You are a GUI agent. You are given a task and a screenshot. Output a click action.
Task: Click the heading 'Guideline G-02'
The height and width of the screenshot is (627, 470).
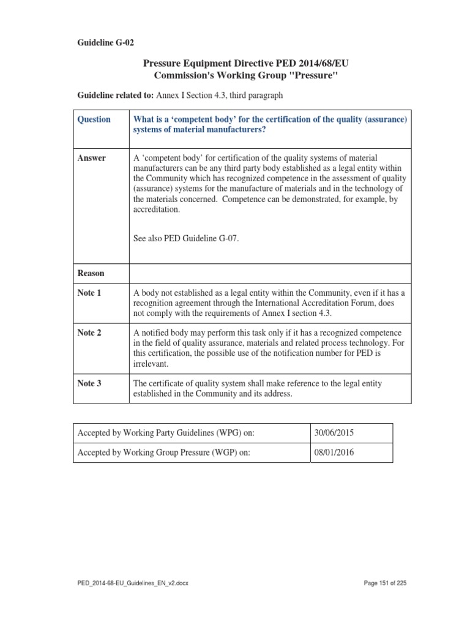pos(105,43)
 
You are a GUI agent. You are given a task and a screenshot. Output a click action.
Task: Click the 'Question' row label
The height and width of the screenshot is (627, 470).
pos(94,119)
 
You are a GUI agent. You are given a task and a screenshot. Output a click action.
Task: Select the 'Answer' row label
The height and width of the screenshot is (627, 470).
pos(91,158)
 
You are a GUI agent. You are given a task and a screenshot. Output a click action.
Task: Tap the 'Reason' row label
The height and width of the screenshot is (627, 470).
pos(91,273)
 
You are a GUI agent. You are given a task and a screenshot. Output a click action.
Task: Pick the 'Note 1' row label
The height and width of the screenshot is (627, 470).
pos(89,293)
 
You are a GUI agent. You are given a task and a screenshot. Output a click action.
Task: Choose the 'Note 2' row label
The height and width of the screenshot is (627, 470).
pos(89,332)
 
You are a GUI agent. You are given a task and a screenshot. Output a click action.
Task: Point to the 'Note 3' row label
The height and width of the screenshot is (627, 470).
pos(89,383)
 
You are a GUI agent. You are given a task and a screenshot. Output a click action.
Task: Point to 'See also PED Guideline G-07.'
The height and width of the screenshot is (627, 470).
pos(185,238)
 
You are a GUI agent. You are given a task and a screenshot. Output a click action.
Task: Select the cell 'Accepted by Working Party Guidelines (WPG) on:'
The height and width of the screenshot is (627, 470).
pos(165,433)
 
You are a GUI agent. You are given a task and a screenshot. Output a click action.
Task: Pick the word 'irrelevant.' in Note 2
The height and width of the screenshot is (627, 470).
pos(152,364)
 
